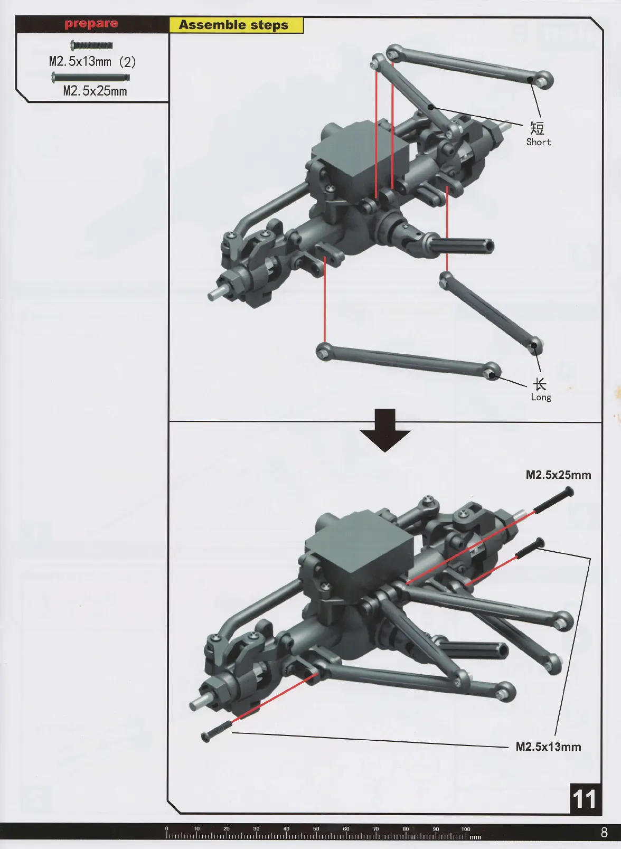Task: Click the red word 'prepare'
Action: click(x=91, y=24)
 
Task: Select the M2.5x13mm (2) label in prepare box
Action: click(x=92, y=62)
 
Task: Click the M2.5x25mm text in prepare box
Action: click(x=95, y=91)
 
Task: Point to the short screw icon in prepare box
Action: click(x=91, y=45)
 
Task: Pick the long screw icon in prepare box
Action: click(x=90, y=78)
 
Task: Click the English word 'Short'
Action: click(x=538, y=142)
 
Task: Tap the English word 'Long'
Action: click(x=541, y=398)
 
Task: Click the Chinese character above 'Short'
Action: click(x=537, y=128)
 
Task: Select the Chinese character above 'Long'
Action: click(x=539, y=384)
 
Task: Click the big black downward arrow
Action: click(x=385, y=430)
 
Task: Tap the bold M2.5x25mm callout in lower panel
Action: click(x=558, y=475)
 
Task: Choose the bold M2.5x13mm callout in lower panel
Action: click(x=548, y=747)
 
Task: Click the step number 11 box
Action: click(x=585, y=799)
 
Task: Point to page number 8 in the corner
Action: click(x=604, y=833)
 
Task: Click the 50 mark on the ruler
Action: click(x=316, y=829)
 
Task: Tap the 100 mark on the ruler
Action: click(x=466, y=829)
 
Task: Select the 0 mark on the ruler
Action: click(x=167, y=829)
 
